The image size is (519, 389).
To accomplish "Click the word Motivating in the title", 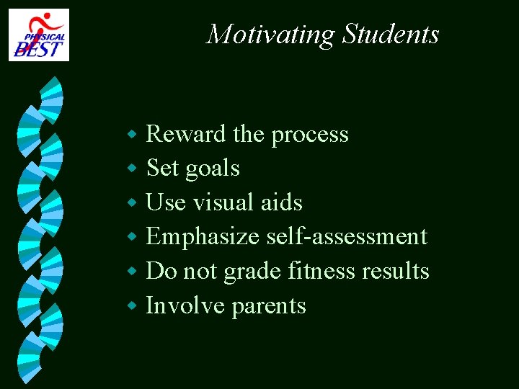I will [x=270, y=34].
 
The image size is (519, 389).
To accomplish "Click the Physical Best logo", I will [x=39, y=35].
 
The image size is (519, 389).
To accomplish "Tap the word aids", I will [x=281, y=202].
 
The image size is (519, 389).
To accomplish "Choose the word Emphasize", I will [x=203, y=237].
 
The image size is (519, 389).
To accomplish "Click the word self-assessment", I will [x=347, y=237].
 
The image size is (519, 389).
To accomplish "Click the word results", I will [x=395, y=271].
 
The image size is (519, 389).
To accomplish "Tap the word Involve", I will [x=185, y=305].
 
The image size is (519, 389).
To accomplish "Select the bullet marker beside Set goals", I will [x=132, y=169].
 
